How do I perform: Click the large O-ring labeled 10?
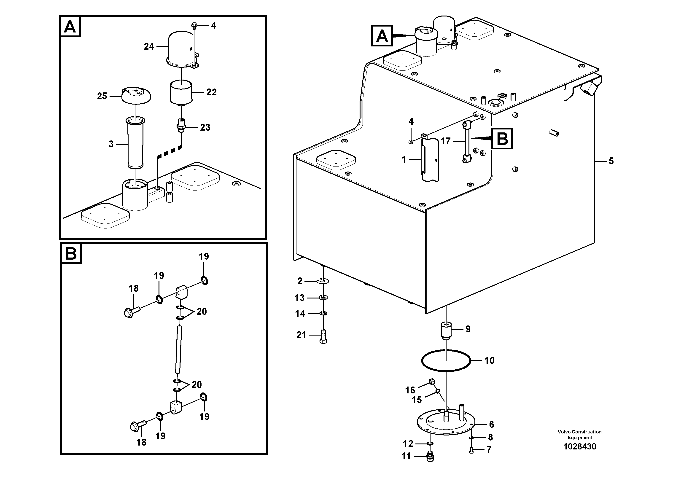tap(446, 361)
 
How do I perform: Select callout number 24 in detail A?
tap(149, 47)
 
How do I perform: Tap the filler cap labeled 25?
tap(136, 95)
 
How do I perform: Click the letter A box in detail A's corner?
tap(70, 27)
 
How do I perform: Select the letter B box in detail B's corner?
tap(71, 254)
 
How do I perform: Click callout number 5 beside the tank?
tap(611, 161)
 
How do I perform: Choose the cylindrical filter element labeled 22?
tap(181, 92)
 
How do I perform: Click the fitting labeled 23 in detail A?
tap(181, 125)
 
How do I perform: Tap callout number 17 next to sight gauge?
tap(445, 141)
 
